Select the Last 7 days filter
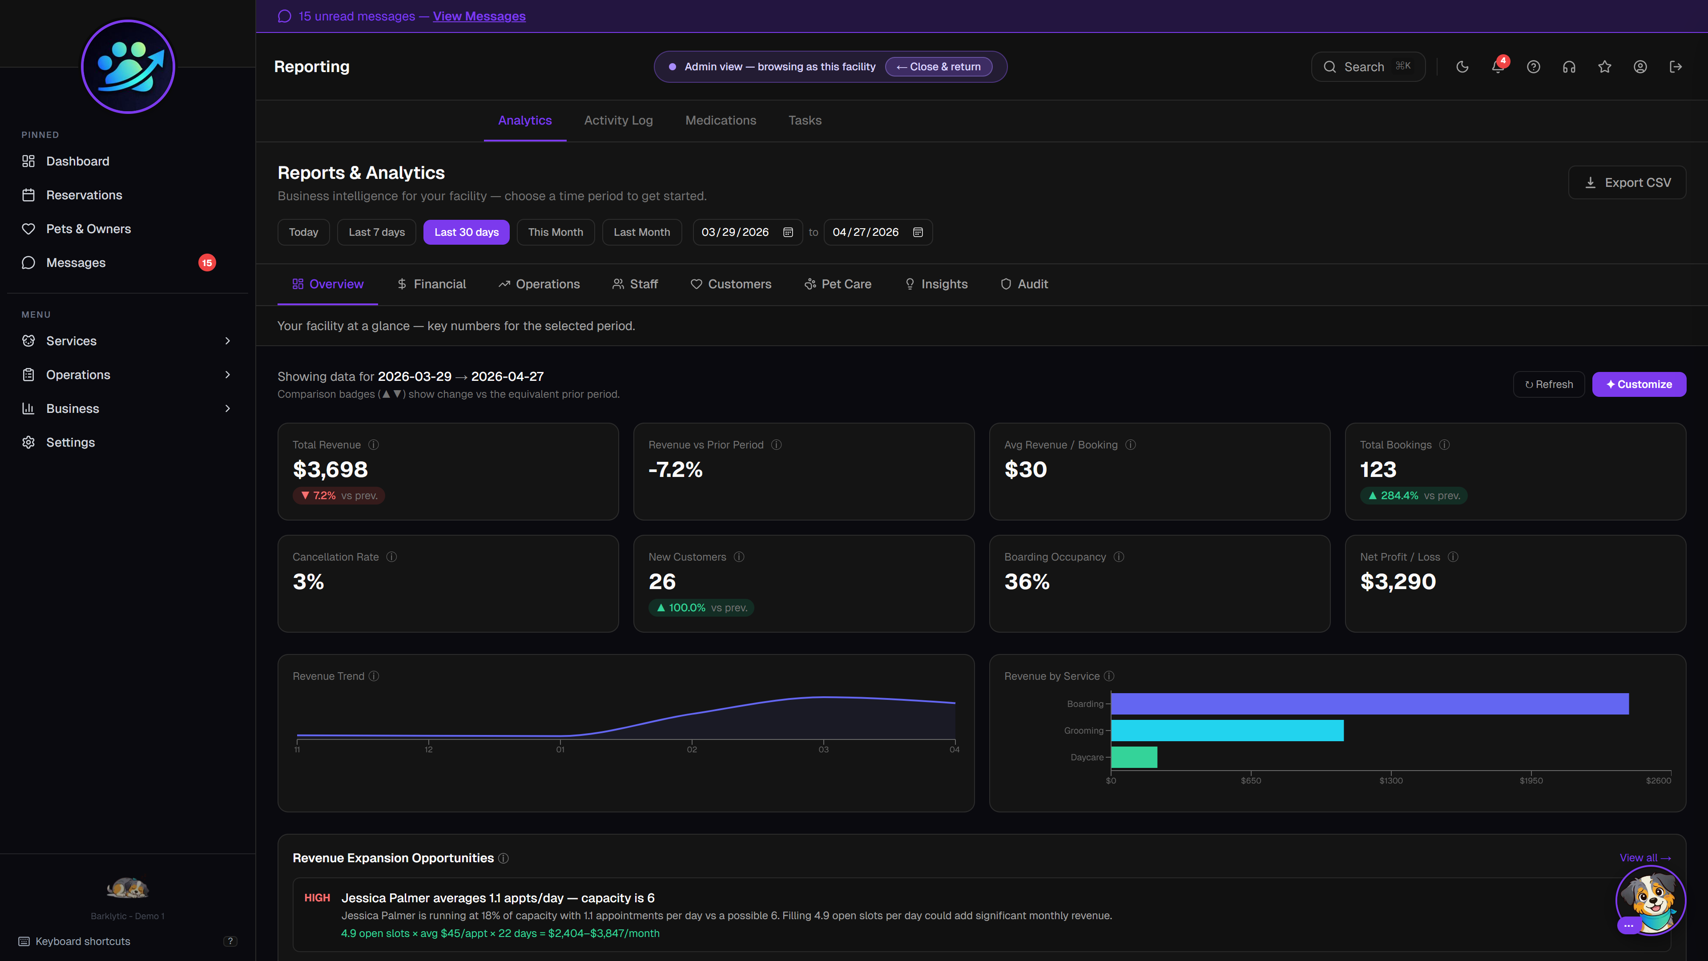[377, 232]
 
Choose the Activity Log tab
[618, 120]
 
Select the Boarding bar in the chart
[1369, 704]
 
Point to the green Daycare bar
[1134, 757]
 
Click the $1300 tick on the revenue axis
[1390, 780]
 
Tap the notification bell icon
[1497, 67]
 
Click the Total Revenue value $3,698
[330, 469]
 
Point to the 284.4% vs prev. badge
[1413, 496]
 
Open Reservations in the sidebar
[84, 195]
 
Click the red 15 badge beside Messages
[207, 262]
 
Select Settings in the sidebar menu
[70, 442]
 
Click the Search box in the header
[1367, 67]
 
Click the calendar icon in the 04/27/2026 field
[918, 232]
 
